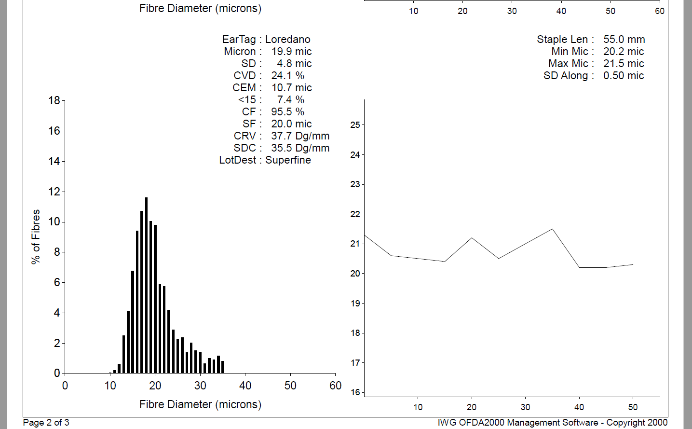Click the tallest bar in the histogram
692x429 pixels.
point(146,285)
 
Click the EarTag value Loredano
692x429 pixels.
point(287,40)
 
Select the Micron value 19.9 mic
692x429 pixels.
point(291,52)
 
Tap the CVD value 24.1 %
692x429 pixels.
point(287,76)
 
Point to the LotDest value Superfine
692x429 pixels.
point(288,160)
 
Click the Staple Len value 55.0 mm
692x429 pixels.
point(624,40)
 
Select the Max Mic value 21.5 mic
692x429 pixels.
point(624,64)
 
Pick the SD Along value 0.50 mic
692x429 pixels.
point(624,76)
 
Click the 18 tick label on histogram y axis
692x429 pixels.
point(54,100)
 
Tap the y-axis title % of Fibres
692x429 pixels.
point(36,236)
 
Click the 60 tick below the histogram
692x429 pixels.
point(335,386)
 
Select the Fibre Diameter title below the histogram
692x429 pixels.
point(200,404)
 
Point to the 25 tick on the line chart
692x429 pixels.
point(355,125)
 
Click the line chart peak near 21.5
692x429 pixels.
point(552,229)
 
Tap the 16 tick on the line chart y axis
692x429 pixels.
point(355,392)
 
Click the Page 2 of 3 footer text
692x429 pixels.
point(46,423)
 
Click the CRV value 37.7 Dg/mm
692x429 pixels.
point(300,136)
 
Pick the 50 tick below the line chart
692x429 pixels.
point(633,407)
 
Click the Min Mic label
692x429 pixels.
point(570,52)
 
